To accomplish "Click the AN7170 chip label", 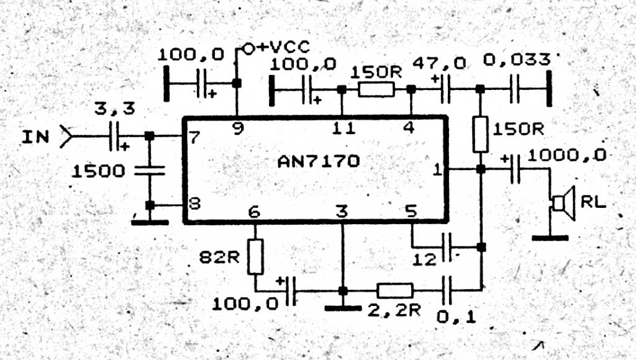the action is pyautogui.click(x=319, y=162).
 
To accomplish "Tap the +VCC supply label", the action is pyautogui.click(x=283, y=47).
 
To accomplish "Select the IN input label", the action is pyautogui.click(x=35, y=137).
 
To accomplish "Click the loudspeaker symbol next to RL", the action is pyautogui.click(x=564, y=203).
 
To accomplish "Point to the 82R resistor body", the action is pyautogui.click(x=255, y=256).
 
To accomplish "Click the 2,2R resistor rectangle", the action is pyautogui.click(x=394, y=290).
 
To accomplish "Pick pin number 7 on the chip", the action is pyautogui.click(x=194, y=137).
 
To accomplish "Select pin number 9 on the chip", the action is pyautogui.click(x=238, y=128).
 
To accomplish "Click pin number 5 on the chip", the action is pyautogui.click(x=411, y=211).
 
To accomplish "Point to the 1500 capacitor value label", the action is pyautogui.click(x=99, y=171).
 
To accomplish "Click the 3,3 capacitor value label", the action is pyautogui.click(x=115, y=109).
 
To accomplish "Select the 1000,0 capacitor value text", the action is pyautogui.click(x=567, y=155).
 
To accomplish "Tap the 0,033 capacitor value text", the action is pyautogui.click(x=517, y=60).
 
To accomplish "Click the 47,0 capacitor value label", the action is pyautogui.click(x=440, y=63).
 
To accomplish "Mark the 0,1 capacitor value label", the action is pyautogui.click(x=457, y=317).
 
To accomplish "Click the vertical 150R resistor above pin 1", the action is pyautogui.click(x=481, y=134).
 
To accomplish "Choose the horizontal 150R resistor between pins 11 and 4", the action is pyautogui.click(x=376, y=89).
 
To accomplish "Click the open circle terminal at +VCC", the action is pyautogui.click(x=248, y=49).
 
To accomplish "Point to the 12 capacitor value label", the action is pyautogui.click(x=424, y=259).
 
